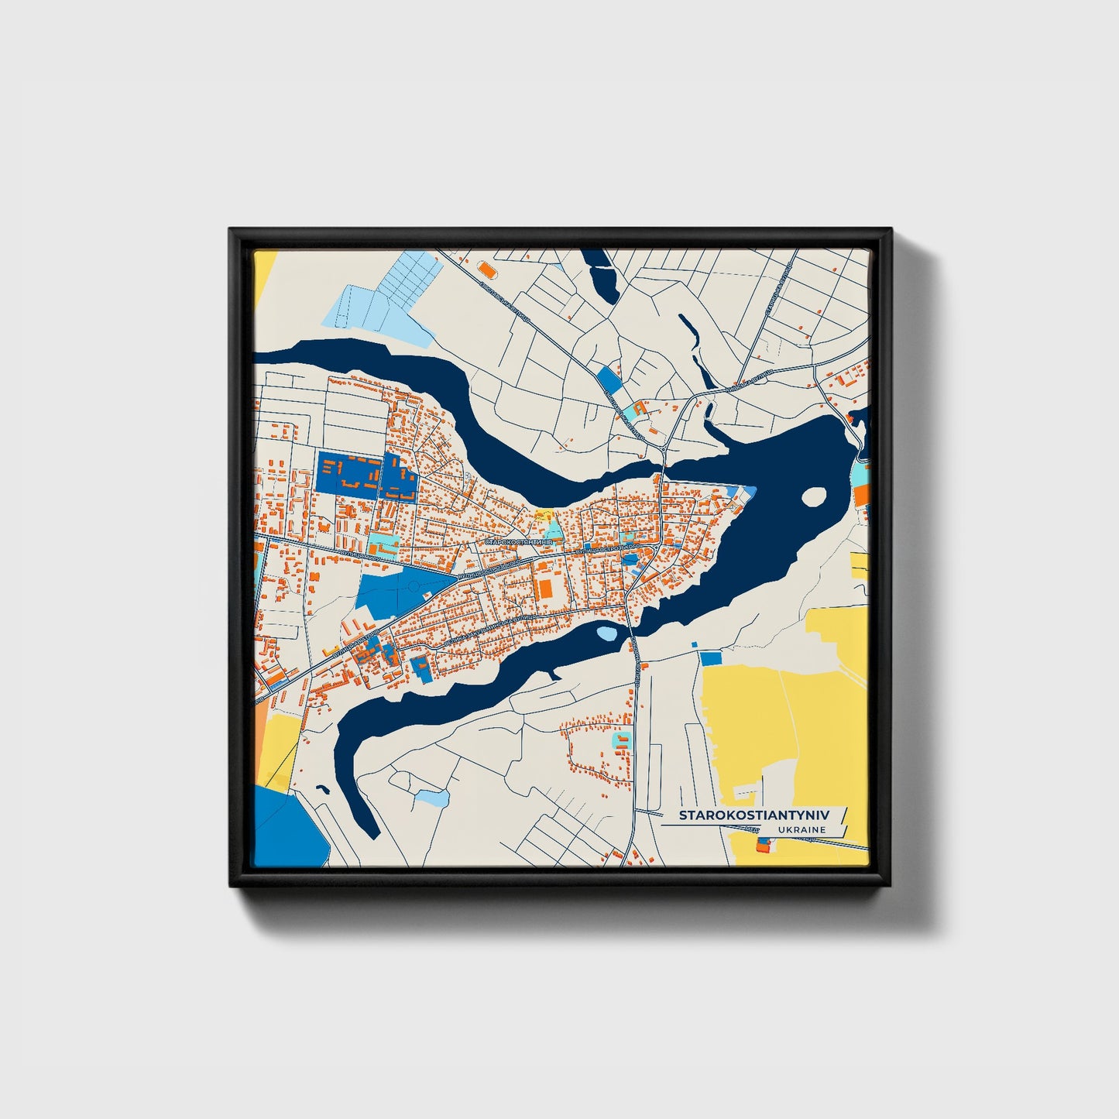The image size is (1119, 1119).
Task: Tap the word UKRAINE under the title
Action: pyautogui.click(x=803, y=830)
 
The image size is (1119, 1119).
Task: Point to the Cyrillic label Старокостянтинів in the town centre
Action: pyautogui.click(x=519, y=542)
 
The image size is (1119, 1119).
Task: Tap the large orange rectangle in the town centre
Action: pyautogui.click(x=545, y=588)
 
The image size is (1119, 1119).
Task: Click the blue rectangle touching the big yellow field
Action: pyautogui.click(x=710, y=658)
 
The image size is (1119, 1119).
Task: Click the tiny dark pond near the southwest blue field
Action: pyautogui.click(x=322, y=791)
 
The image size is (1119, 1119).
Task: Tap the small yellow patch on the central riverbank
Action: pyautogui.click(x=544, y=514)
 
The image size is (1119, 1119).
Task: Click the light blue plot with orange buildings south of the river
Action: pyautogui.click(x=621, y=740)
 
